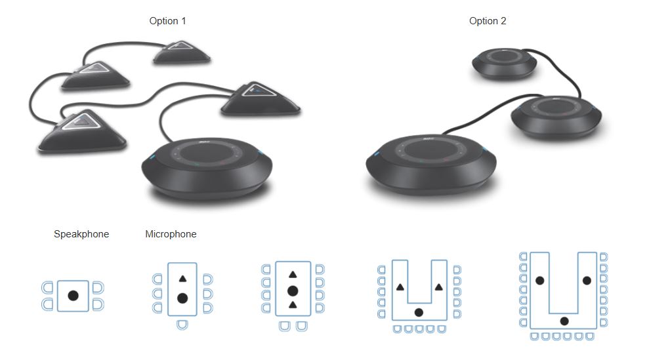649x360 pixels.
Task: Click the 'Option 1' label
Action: point(167,21)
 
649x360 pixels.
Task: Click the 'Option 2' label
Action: point(488,21)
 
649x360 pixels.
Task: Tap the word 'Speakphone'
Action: point(81,234)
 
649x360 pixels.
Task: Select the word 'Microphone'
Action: point(171,234)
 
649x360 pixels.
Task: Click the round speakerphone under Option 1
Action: point(207,168)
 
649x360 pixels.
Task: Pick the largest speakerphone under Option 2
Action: point(431,163)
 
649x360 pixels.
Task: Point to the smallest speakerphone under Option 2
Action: point(504,64)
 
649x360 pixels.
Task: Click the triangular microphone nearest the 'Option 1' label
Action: point(182,52)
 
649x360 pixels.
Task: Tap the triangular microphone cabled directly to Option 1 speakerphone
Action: point(261,98)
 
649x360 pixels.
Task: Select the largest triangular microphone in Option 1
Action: point(82,132)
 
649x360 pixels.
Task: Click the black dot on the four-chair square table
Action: point(73,296)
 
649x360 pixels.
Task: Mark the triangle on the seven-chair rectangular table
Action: point(182,279)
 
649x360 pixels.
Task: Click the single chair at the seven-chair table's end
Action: point(182,325)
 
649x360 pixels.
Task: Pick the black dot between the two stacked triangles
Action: point(293,291)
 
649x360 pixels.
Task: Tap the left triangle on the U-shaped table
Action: point(400,287)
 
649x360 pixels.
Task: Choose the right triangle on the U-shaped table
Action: point(439,287)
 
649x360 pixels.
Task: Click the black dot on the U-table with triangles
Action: point(419,312)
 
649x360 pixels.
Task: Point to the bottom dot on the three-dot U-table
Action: point(564,321)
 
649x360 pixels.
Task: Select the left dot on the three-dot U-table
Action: point(539,281)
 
